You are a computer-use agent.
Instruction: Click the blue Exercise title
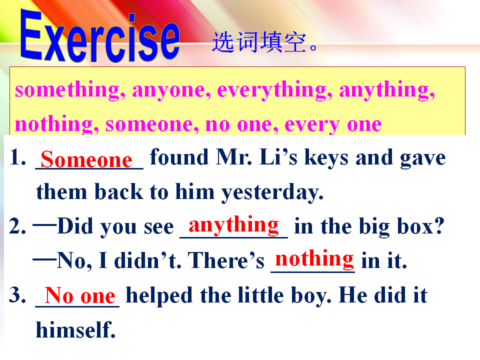pos(100,36)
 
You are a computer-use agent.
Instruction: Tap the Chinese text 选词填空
pos(259,42)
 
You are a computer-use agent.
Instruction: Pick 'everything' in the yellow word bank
pos(274,90)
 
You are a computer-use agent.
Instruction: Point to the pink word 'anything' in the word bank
pos(387,90)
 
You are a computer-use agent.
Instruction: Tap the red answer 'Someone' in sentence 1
pos(86,159)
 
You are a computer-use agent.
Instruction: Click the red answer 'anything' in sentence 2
pos(233,225)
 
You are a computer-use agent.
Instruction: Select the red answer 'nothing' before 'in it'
pos(314,259)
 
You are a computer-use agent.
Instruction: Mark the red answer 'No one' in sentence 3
pos(80,295)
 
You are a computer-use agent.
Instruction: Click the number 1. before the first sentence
pos(18,157)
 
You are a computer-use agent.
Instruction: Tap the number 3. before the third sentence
pos(17,295)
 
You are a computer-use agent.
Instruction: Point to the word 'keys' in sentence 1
pos(326,158)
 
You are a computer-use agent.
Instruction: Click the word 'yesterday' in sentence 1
pos(272,192)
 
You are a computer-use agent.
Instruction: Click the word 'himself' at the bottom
pos(75,329)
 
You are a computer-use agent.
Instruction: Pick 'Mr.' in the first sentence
pos(234,157)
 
